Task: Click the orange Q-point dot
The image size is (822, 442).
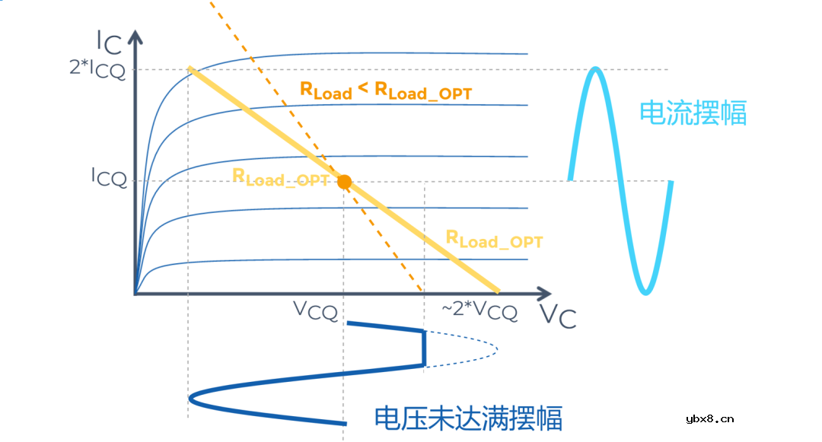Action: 344,182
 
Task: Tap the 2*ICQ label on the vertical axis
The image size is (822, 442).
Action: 98,68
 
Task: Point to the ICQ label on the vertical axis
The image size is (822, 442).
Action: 109,177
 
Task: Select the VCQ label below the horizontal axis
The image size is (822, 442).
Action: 315,310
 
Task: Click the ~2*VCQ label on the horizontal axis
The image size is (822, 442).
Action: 479,310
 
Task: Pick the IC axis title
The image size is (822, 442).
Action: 108,43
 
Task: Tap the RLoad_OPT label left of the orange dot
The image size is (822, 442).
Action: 280,178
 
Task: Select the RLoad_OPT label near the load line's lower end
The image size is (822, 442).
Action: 494,240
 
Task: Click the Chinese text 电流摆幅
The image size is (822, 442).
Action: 693,113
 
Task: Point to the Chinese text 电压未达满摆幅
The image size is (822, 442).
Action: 468,418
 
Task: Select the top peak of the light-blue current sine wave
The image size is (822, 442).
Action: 597,70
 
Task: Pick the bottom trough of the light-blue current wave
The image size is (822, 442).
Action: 645,292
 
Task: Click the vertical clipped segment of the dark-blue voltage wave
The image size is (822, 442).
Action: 424,348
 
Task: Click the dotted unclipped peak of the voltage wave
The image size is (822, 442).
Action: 496,349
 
